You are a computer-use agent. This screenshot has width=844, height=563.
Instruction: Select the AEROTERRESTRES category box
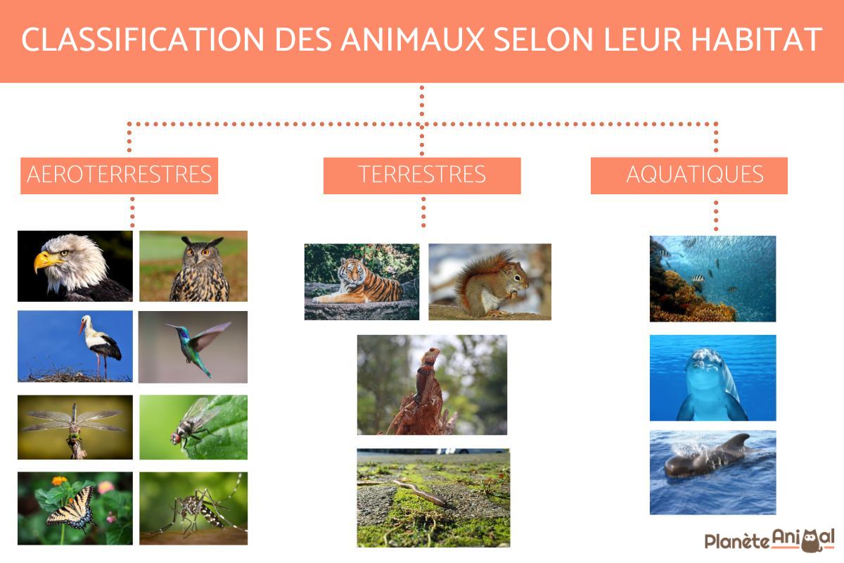coord(119,175)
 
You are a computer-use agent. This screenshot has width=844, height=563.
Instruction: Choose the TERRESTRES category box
coord(422,175)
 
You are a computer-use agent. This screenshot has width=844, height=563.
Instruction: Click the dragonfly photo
coord(75,426)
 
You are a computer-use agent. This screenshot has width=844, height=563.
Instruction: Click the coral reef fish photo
coord(712,279)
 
